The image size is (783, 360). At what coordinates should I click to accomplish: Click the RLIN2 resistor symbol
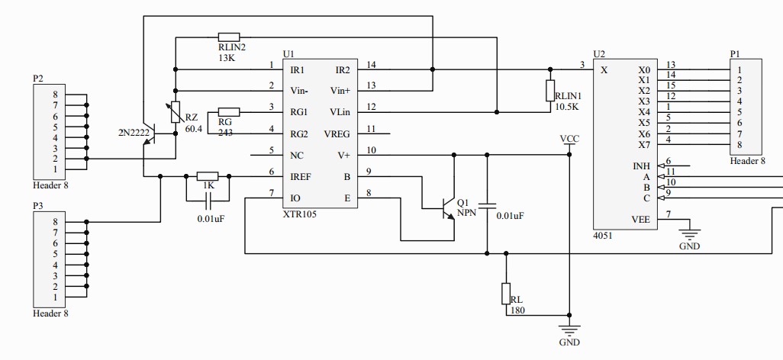pos(229,37)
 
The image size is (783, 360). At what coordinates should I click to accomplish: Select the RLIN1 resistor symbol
pos(549,91)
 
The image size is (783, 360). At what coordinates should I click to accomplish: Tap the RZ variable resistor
pos(176,112)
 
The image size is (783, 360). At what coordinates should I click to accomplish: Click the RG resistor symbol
pos(229,111)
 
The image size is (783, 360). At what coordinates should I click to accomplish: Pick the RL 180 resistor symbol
pos(505,294)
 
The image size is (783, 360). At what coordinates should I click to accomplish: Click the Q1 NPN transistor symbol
pos(448,206)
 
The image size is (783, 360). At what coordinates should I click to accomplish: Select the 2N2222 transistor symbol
pos(150,136)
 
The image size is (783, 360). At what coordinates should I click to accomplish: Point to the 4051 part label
pos(602,236)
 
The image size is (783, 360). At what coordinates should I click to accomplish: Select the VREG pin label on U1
pos(337,133)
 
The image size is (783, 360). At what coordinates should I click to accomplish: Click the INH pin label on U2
pos(642,166)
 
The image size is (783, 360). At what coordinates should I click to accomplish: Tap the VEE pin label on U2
pos(641,218)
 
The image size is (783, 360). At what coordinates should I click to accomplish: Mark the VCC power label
pos(569,139)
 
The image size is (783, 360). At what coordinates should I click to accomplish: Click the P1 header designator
pos(735,54)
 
